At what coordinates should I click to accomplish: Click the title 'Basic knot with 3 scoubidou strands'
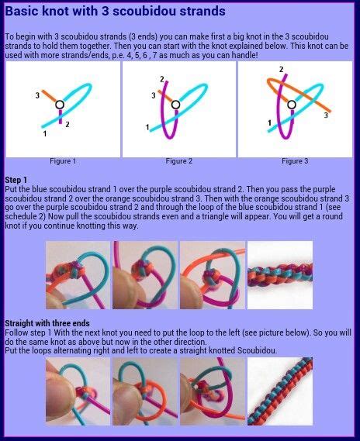116,12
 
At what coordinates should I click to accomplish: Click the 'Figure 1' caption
63,161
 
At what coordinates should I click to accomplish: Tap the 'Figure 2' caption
178,161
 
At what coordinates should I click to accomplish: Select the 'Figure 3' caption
294,161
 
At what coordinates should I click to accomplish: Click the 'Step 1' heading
16,179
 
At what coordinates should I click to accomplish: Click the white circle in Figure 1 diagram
61,105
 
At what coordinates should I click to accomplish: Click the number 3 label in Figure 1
36,95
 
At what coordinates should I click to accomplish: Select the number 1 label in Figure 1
44,134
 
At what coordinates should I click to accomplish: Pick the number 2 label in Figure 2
162,80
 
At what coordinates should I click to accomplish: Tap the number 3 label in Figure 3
325,115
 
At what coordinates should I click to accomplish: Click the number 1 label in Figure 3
269,122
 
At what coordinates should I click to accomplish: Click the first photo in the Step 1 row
78,274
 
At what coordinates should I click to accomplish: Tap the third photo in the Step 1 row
212,274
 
